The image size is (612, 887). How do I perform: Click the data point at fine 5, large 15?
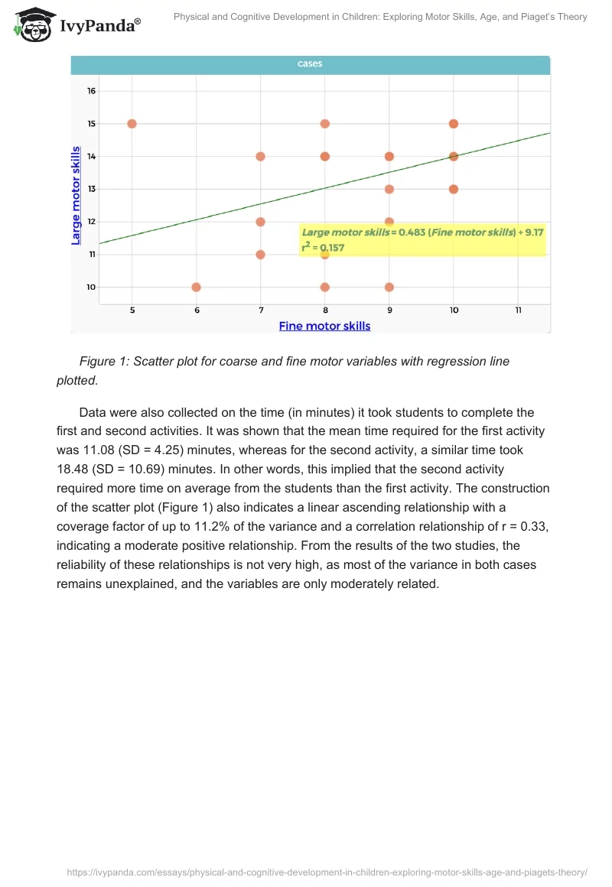[x=132, y=124]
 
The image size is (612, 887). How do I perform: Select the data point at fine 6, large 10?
[x=196, y=288]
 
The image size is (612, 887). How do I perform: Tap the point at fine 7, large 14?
[x=260, y=156]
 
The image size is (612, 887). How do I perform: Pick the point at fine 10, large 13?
[x=454, y=189]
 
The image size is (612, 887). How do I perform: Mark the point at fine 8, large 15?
[x=325, y=124]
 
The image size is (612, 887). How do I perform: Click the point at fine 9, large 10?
[x=389, y=288]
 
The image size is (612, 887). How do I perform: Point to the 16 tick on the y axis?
[x=91, y=91]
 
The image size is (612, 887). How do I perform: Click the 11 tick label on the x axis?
[x=518, y=310]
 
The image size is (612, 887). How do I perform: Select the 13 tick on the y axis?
[x=91, y=189]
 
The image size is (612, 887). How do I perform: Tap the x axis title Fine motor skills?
[x=324, y=327]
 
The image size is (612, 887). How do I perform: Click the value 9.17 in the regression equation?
[x=533, y=232]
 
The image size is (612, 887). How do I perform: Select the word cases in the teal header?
[x=310, y=64]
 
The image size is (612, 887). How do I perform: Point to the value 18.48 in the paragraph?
[x=74, y=469]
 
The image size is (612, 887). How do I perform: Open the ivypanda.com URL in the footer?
[x=327, y=872]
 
